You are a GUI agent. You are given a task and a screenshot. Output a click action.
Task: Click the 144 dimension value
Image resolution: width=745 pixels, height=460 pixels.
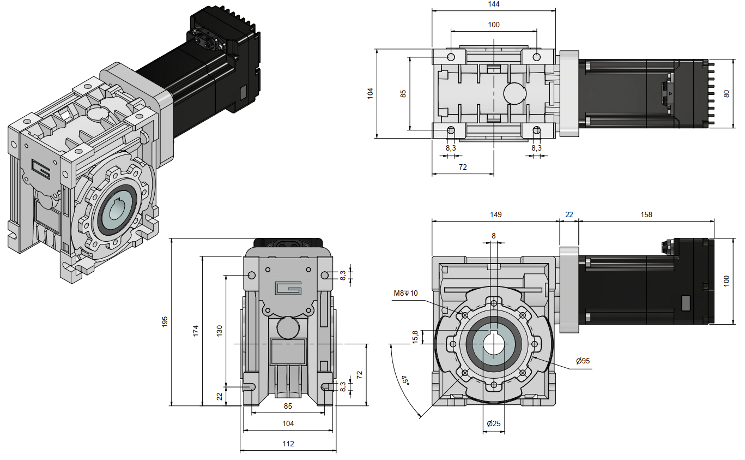tap(494, 4)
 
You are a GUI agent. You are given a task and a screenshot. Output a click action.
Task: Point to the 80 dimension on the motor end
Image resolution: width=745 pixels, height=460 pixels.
tap(726, 93)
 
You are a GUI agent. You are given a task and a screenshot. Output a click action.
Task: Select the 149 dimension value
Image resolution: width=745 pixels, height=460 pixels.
tap(495, 214)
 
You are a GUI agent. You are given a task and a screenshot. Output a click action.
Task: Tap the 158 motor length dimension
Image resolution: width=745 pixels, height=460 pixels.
tap(646, 214)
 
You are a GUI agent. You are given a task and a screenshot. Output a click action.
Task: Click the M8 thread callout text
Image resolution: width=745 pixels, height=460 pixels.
tap(405, 294)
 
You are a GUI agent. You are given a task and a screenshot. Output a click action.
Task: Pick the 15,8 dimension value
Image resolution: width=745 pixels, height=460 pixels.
tap(415, 337)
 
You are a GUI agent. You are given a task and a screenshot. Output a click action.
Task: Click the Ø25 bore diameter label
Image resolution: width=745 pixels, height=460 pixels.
tap(494, 423)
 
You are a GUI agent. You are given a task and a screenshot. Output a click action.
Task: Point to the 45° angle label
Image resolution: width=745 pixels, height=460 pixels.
tap(405, 380)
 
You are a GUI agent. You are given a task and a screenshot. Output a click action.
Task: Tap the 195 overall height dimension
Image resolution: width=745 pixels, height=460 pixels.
tap(165, 322)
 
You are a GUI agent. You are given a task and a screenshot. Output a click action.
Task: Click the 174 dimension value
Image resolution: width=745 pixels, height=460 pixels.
tap(196, 331)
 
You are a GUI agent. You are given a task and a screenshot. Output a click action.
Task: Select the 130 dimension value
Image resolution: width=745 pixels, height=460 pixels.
tap(219, 331)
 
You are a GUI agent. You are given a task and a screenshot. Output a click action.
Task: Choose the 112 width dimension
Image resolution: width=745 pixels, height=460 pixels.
tap(288, 444)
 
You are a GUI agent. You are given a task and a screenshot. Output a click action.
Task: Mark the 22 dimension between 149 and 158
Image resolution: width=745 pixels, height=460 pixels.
tap(569, 214)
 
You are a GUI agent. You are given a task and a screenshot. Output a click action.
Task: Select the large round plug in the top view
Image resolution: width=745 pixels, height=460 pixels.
tap(514, 93)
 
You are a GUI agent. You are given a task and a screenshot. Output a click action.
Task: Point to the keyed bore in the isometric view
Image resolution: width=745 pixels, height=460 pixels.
tap(118, 210)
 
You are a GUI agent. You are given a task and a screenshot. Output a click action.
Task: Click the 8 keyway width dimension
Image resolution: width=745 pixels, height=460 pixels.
tap(494, 236)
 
